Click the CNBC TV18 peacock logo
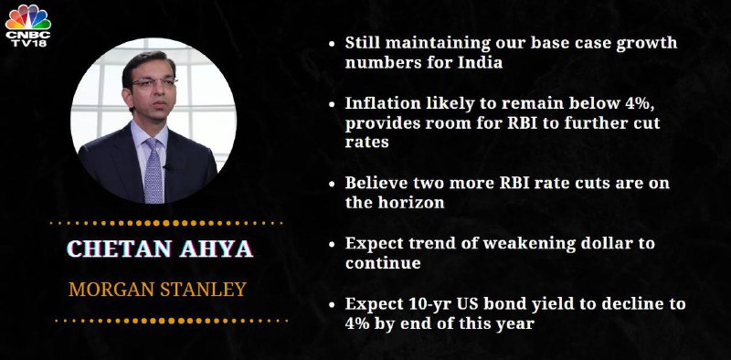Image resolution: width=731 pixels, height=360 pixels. click(x=28, y=26)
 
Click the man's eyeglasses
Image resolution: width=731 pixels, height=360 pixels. click(x=153, y=82)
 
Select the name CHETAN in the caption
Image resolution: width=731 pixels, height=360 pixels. click(x=119, y=249)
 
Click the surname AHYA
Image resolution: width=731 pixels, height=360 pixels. click(x=217, y=249)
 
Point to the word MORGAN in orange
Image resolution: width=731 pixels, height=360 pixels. click(x=111, y=290)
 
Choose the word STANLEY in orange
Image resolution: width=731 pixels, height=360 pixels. click(x=203, y=290)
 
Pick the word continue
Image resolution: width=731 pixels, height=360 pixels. click(x=383, y=263)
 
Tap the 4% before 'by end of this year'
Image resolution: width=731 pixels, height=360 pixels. click(x=360, y=323)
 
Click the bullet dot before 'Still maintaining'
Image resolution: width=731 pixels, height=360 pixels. click(x=332, y=43)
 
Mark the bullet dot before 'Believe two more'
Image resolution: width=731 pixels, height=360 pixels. click(x=332, y=184)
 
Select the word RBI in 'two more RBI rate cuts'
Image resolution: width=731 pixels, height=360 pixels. click(x=513, y=183)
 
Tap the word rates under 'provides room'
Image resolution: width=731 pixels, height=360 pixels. click(x=367, y=143)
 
